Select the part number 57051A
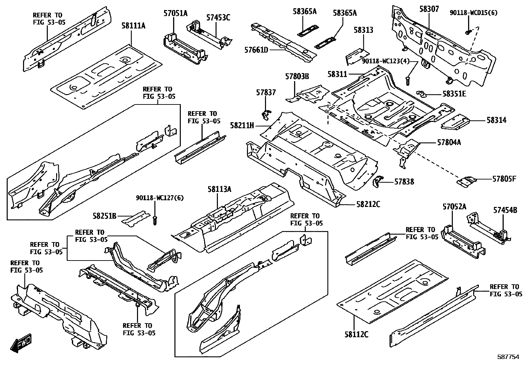click(175, 13)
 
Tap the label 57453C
click(218, 17)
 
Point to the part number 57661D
click(256, 50)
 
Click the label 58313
click(363, 30)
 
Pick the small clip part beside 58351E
click(422, 93)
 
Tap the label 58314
click(496, 120)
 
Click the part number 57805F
click(504, 179)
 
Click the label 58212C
click(368, 204)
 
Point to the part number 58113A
click(219, 189)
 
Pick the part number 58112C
click(356, 334)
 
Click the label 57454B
click(505, 210)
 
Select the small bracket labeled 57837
click(266, 115)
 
